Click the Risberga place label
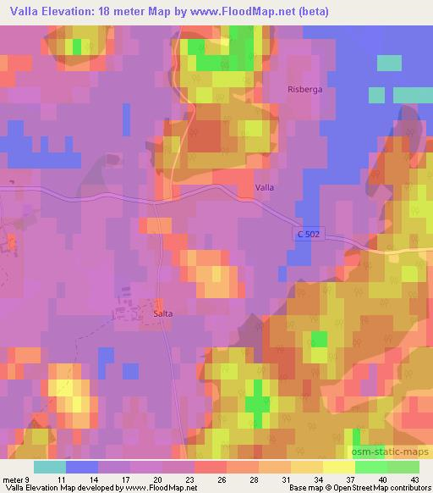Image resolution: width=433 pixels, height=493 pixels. (x=305, y=89)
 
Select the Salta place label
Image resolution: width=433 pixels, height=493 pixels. (x=163, y=313)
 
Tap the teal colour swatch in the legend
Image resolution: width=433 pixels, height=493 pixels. (x=49, y=467)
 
